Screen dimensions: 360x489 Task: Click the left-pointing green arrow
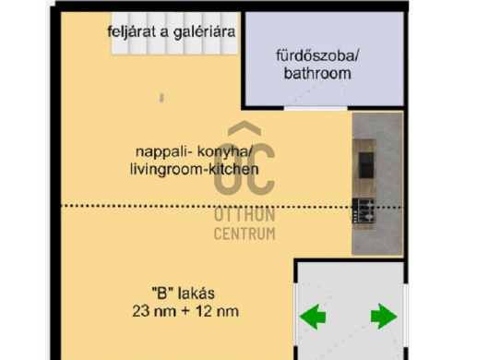[314, 318]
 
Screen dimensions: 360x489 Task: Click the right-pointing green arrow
[383, 318]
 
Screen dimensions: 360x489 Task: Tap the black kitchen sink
[365, 163]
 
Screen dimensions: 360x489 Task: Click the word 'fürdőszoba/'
[318, 54]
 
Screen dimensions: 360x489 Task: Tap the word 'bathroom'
[318, 73]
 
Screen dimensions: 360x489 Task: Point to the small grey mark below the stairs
[160, 95]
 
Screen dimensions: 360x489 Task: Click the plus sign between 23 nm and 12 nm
[185, 312]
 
